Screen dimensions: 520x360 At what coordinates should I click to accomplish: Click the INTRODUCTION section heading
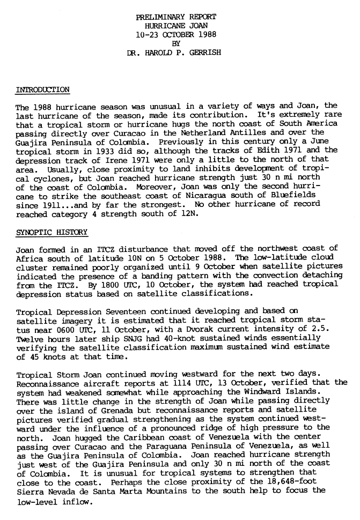(42, 90)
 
